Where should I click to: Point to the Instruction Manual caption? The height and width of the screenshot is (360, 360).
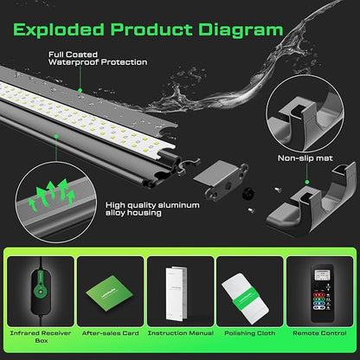pyautogui.click(x=180, y=331)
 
